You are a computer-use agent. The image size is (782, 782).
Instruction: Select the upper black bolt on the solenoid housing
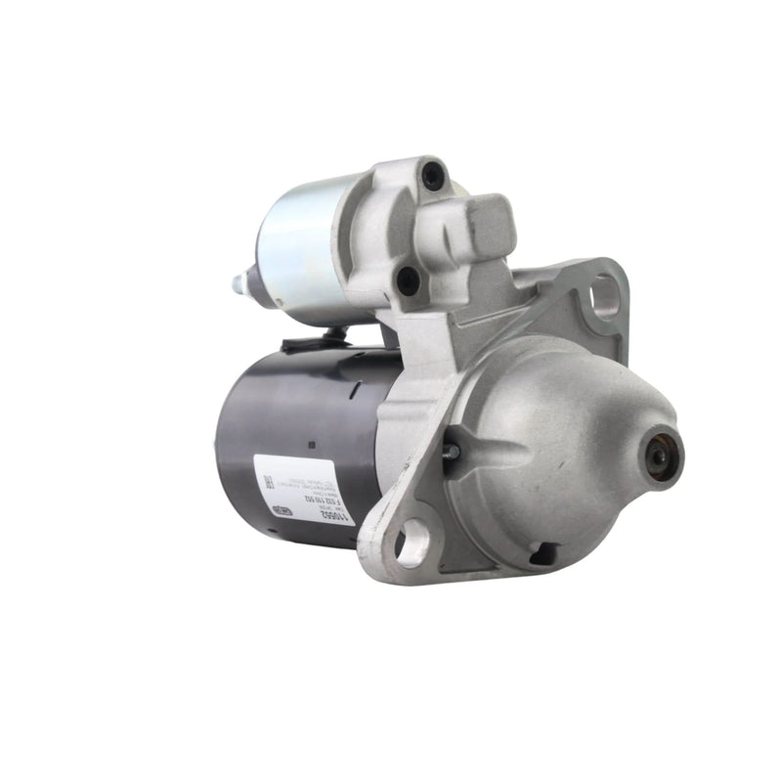point(433,176)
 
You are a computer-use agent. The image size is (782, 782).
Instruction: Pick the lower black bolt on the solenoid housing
point(409,281)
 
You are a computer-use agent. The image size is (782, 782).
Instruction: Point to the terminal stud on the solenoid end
point(239,283)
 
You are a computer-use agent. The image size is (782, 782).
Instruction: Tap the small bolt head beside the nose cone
point(451,452)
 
